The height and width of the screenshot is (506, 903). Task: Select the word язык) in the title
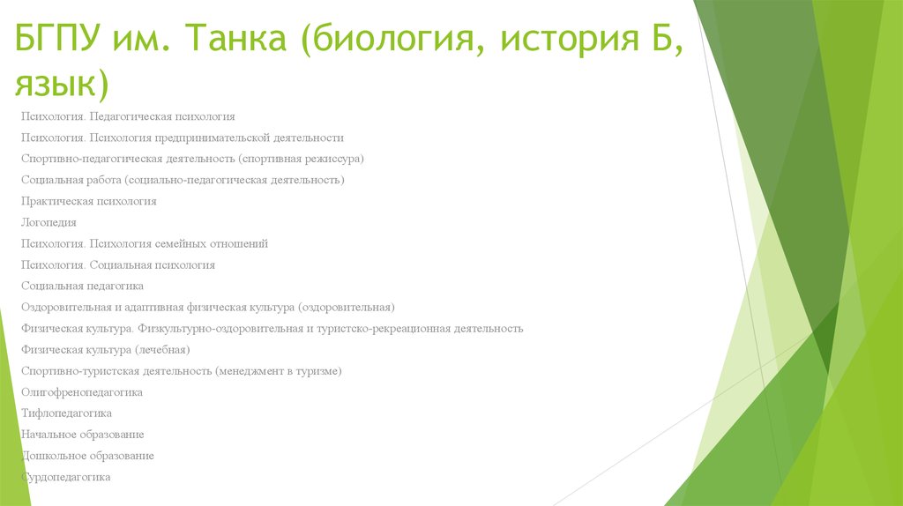(61, 85)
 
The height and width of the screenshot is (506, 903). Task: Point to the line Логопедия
(49, 222)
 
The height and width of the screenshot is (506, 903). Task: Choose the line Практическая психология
(88, 201)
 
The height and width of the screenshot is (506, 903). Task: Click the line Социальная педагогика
(82, 286)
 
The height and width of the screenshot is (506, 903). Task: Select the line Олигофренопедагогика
(81, 391)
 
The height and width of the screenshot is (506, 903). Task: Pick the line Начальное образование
(82, 434)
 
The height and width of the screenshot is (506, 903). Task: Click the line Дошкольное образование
(87, 455)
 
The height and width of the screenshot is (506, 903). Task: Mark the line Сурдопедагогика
(66, 476)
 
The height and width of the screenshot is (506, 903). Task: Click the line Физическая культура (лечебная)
(105, 349)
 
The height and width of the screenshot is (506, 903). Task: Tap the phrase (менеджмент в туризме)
(278, 370)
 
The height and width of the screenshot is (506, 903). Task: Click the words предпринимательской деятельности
(250, 138)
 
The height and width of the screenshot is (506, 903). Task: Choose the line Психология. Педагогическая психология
(128, 116)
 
